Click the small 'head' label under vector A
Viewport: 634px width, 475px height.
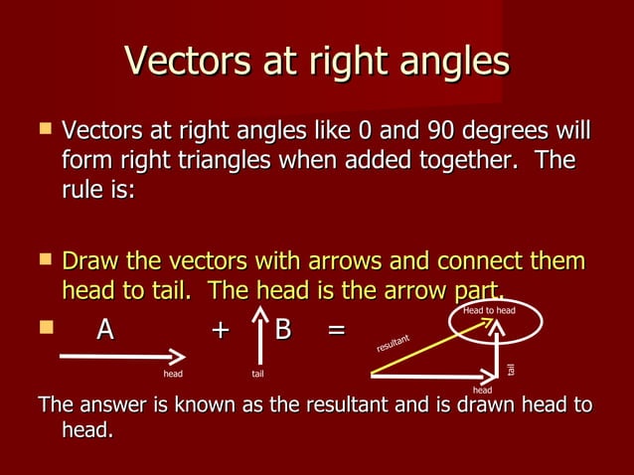coord(173,374)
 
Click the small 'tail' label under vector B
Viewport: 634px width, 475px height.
coord(257,374)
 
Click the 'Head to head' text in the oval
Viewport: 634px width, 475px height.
coord(489,312)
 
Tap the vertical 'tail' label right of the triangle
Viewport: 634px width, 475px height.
coord(512,369)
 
